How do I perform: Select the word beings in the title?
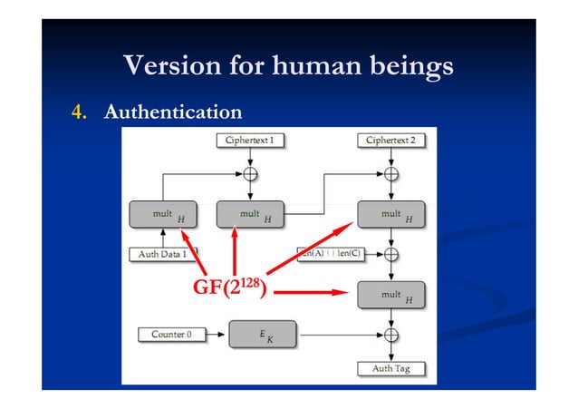point(409,66)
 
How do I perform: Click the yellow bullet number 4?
point(79,112)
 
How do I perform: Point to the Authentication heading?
point(173,112)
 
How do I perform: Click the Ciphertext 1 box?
point(249,141)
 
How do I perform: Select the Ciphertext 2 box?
point(390,141)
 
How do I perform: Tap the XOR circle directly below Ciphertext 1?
point(249,173)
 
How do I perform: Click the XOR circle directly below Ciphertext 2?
point(390,173)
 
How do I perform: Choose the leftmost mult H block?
point(163,216)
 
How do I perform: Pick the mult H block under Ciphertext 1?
point(249,216)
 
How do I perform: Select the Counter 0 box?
point(171,335)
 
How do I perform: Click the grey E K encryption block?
point(261,336)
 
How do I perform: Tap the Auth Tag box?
point(390,369)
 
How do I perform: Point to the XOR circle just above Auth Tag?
point(390,335)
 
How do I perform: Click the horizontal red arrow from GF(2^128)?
point(313,293)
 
